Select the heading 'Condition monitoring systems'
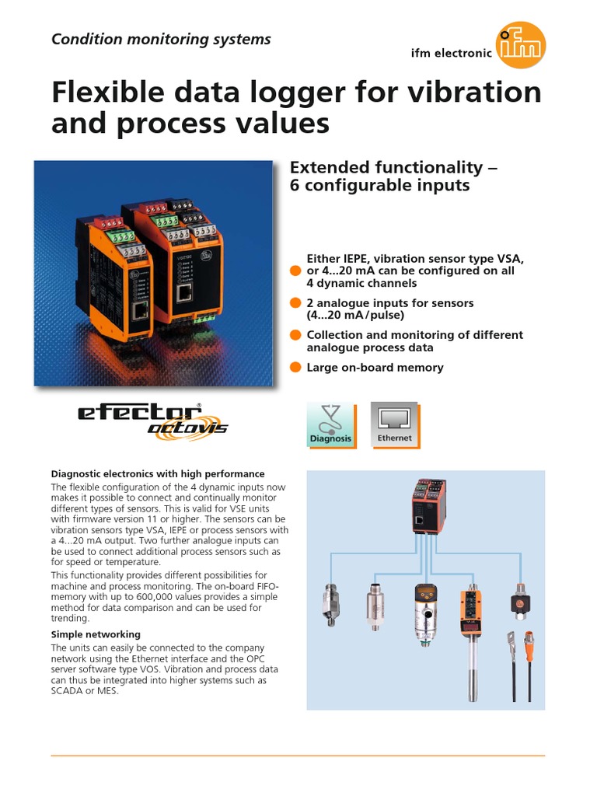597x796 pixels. tap(161, 39)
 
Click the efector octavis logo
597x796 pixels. tap(152, 421)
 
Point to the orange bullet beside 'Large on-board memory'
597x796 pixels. tap(295, 368)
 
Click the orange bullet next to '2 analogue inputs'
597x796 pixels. tap(295, 302)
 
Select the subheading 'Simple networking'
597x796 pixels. tap(96, 634)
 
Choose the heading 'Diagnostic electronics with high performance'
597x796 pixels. tap(158, 473)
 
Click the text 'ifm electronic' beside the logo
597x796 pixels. tap(451, 54)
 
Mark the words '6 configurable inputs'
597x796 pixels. tap(381, 186)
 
